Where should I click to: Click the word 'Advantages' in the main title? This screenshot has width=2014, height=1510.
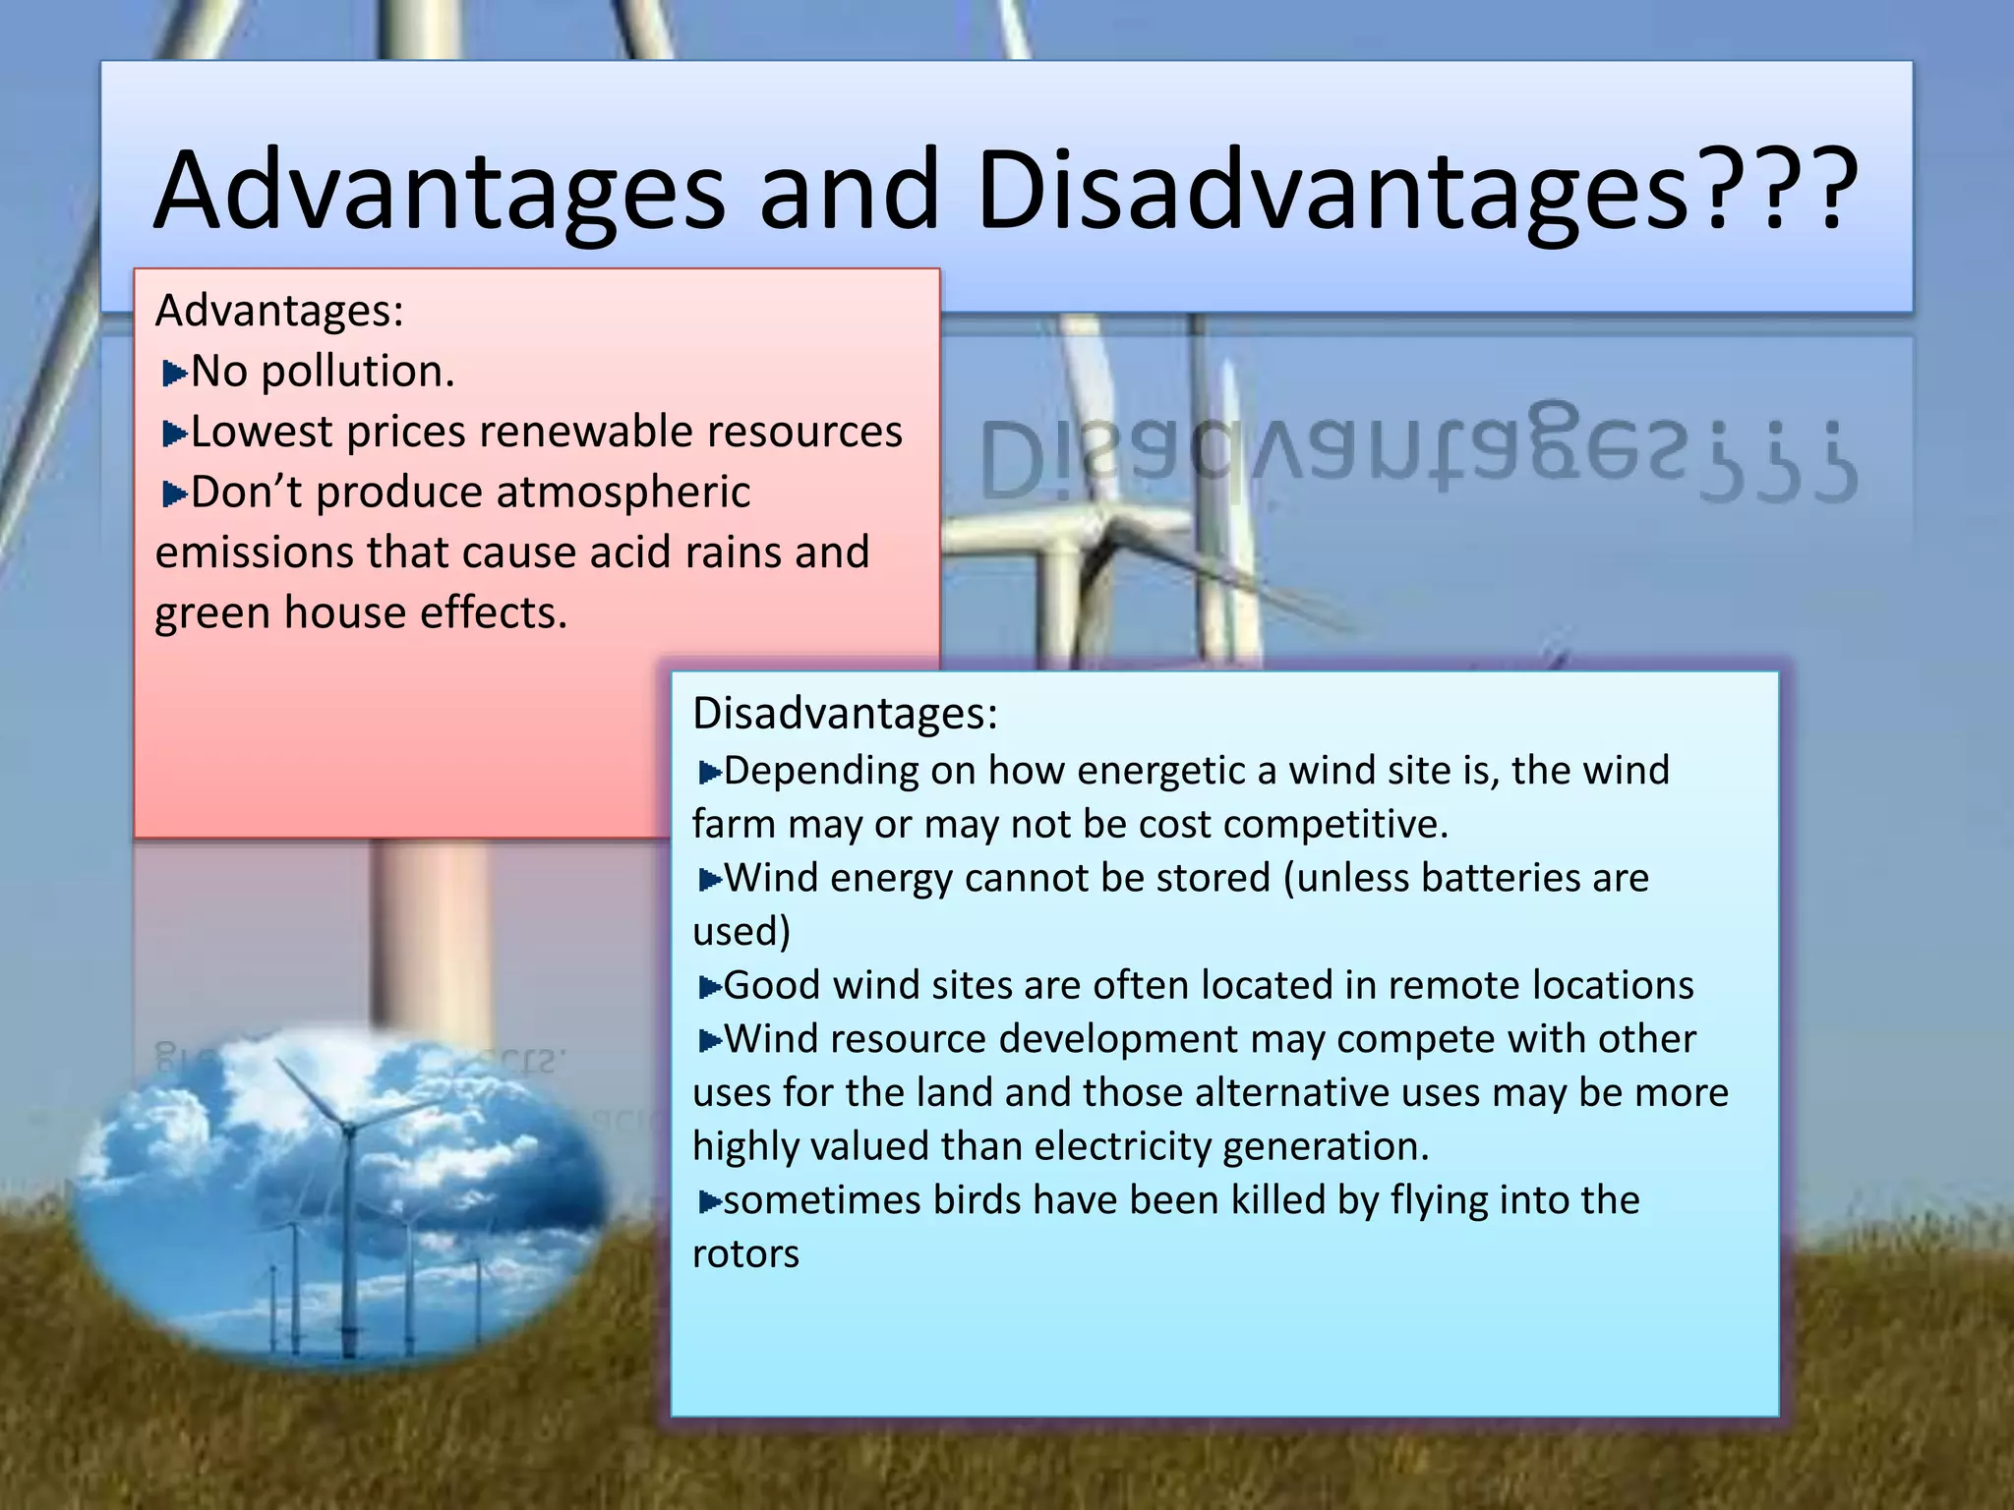pos(439,190)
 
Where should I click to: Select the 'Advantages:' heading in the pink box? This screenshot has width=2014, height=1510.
pos(279,311)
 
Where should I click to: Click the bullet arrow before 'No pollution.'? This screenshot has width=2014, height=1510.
pos(174,374)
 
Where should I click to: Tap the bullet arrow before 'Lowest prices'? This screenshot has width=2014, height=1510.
pos(174,434)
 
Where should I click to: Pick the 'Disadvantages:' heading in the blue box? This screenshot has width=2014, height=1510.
pos(844,713)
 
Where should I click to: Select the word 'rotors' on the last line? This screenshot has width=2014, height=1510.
pos(745,1254)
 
